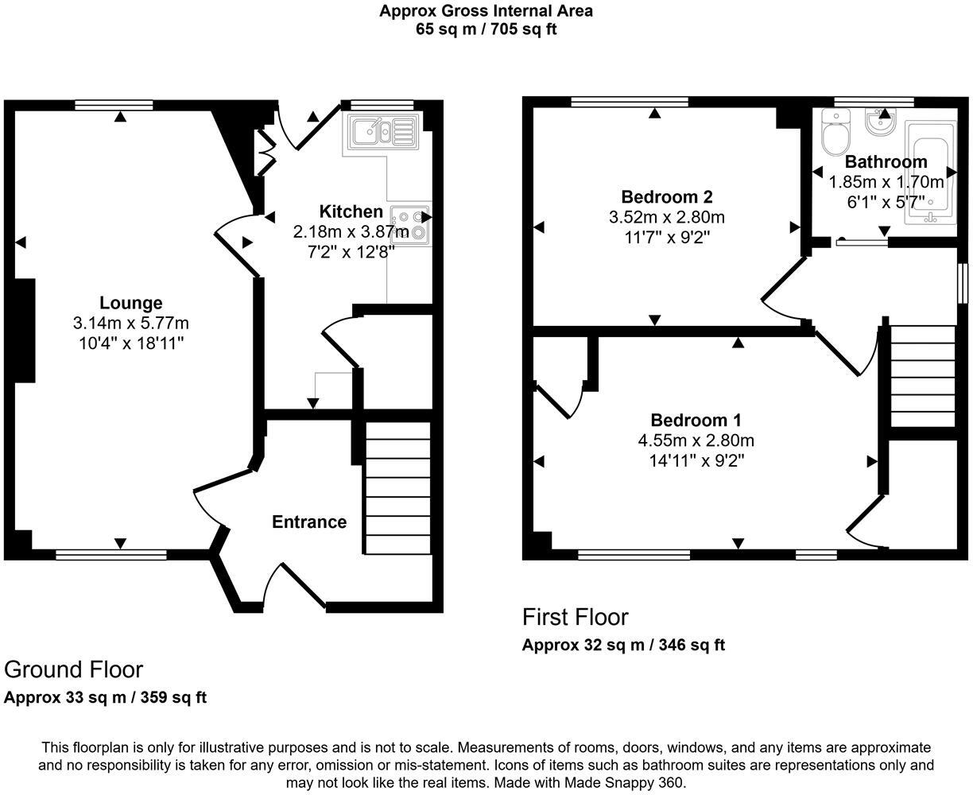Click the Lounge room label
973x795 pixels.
130,303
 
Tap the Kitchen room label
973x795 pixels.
351,211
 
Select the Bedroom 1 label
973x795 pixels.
696,421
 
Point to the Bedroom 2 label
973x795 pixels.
666,196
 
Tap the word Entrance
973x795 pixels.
309,522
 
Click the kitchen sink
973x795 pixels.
381,132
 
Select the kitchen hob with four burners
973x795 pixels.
410,224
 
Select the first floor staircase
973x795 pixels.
921,375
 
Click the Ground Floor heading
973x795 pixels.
73,669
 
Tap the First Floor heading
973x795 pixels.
575,617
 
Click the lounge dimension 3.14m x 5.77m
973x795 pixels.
130,323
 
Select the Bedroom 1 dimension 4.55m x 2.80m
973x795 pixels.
696,440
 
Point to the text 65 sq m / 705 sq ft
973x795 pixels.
486,30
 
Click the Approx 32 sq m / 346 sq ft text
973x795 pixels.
623,645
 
